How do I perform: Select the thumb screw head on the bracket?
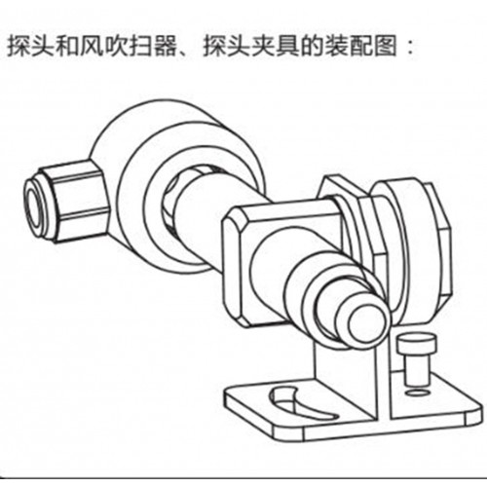tap(418, 344)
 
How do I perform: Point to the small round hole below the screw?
tap(416, 393)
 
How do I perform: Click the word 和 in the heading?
tap(67, 47)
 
